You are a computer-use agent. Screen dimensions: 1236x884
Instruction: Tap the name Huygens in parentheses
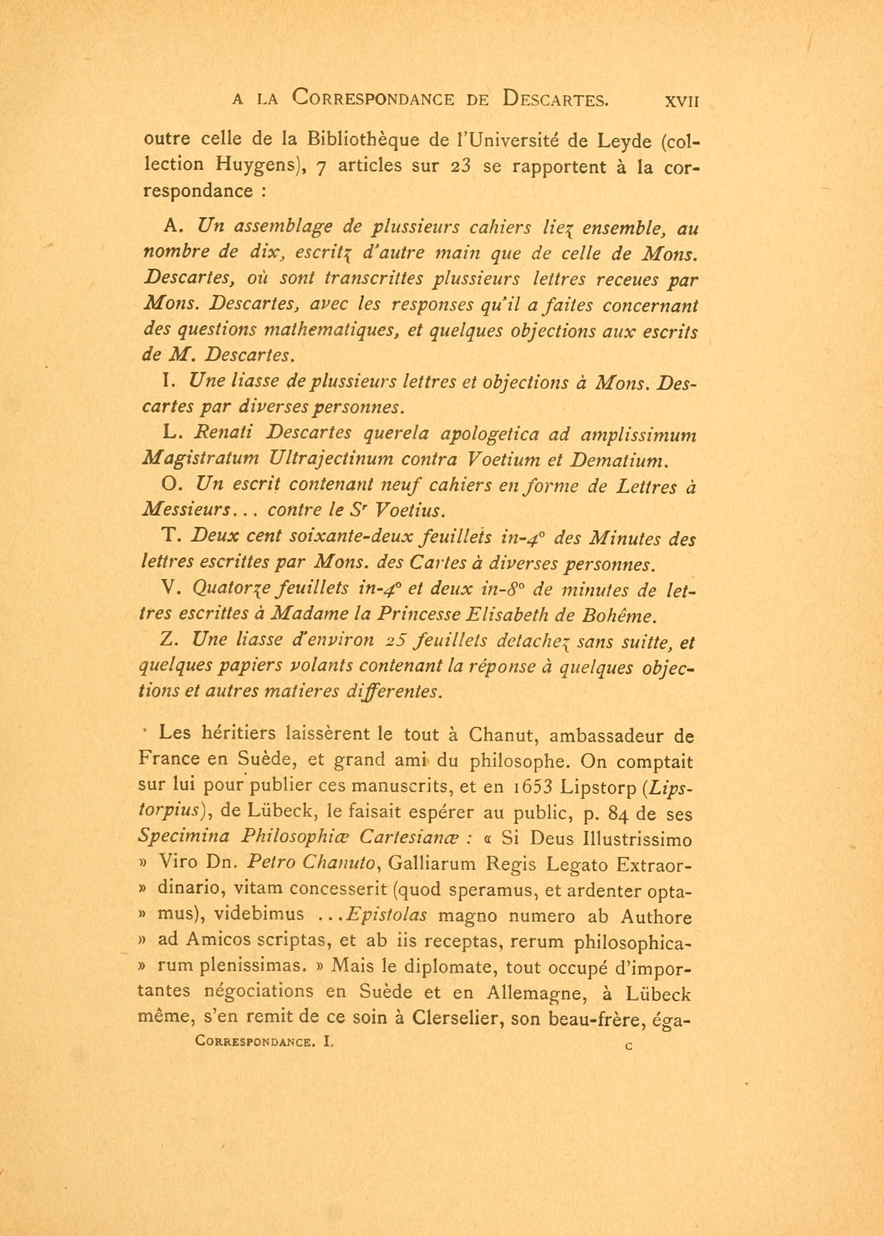click(x=258, y=164)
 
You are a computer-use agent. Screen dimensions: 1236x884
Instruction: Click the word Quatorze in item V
click(x=228, y=589)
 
